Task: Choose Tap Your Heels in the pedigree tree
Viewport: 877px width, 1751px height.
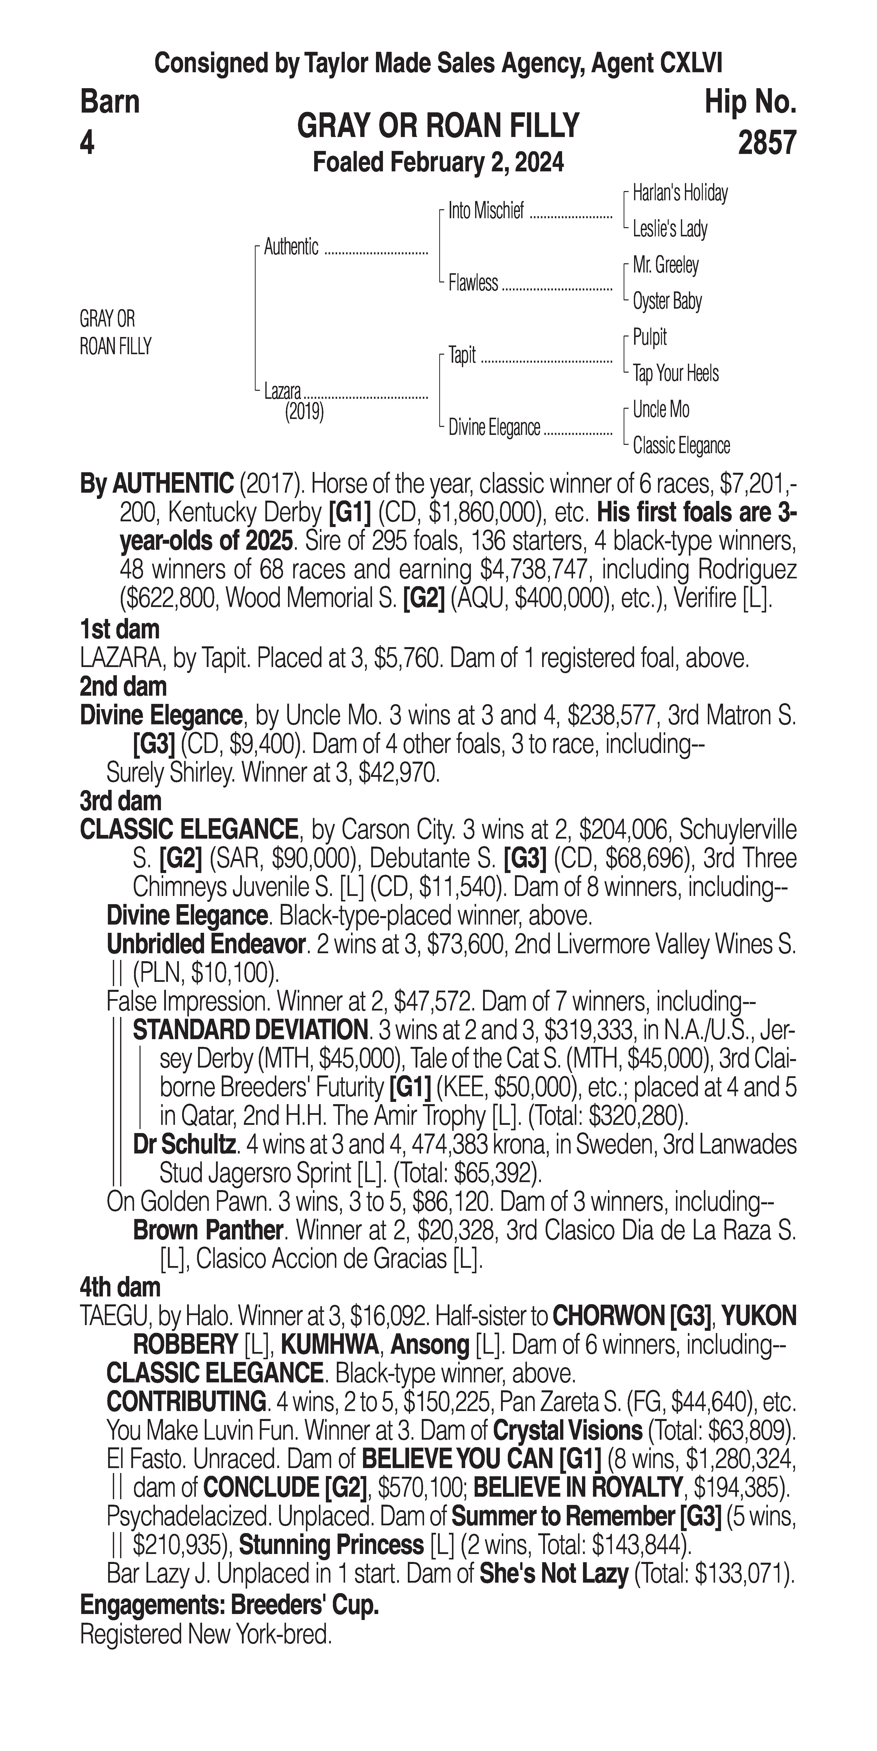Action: (675, 373)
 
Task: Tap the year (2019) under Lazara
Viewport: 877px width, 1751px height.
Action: (304, 412)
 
